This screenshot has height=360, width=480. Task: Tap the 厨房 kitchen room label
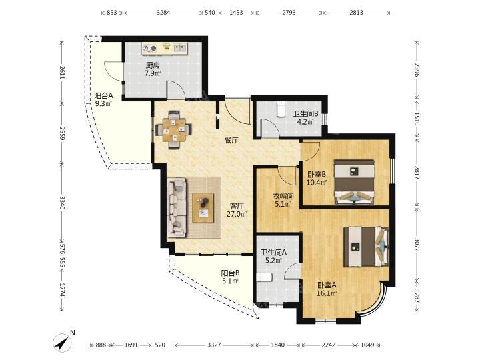tap(152, 65)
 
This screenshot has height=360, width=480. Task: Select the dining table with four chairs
tap(174, 130)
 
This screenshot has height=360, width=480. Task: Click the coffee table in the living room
tap(203, 207)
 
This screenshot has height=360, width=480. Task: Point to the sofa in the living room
tap(177, 208)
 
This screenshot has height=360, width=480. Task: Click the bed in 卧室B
tap(355, 182)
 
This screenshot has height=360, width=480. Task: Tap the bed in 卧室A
tap(366, 247)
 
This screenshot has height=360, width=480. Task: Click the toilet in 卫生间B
tap(281, 109)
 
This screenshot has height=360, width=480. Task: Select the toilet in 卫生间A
tap(265, 277)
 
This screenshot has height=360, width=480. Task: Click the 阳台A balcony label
tap(103, 95)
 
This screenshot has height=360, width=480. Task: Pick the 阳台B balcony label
tap(230, 273)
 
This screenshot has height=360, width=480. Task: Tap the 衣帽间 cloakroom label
tap(283, 195)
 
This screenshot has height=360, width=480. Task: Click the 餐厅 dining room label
tap(231, 140)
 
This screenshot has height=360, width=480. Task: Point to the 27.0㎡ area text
tap(237, 214)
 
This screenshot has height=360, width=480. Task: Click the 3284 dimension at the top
tap(163, 13)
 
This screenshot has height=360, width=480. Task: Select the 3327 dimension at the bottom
tap(214, 345)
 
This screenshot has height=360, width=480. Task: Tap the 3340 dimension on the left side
tap(63, 203)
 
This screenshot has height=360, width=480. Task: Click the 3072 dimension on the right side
tap(417, 245)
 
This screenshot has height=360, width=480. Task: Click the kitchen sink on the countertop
tap(180, 48)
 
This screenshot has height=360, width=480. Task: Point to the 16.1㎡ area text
tap(327, 293)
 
